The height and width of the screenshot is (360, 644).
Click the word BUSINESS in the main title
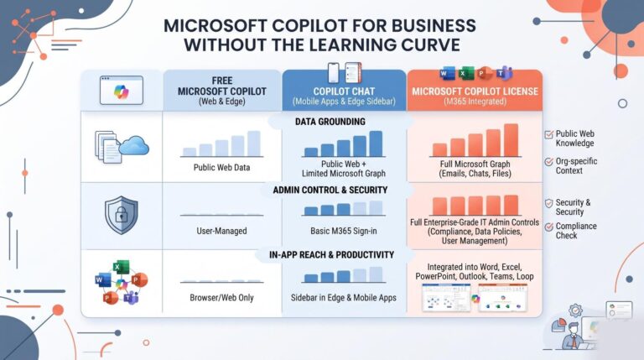point(433,25)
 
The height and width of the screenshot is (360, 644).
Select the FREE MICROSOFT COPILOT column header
point(221,91)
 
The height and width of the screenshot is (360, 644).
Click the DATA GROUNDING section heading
point(330,122)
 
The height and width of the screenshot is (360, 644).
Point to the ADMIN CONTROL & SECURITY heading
point(330,190)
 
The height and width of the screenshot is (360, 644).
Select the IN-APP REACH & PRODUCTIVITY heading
point(331,255)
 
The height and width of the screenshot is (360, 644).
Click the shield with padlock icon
point(121,215)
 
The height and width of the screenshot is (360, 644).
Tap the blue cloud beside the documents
point(134,145)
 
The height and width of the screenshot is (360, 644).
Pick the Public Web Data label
point(221,167)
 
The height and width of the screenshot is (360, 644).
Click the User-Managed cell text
point(221,231)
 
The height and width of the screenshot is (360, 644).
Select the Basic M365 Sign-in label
point(343,231)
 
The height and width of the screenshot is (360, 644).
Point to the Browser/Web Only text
point(221,298)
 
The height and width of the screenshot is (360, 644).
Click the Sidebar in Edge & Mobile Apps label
point(343,298)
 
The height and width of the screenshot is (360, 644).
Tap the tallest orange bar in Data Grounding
point(511,140)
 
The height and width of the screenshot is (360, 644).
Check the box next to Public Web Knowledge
point(548,134)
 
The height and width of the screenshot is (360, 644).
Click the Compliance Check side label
point(576,231)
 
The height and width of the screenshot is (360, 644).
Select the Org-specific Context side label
point(576,165)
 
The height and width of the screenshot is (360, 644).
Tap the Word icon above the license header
point(447,74)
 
